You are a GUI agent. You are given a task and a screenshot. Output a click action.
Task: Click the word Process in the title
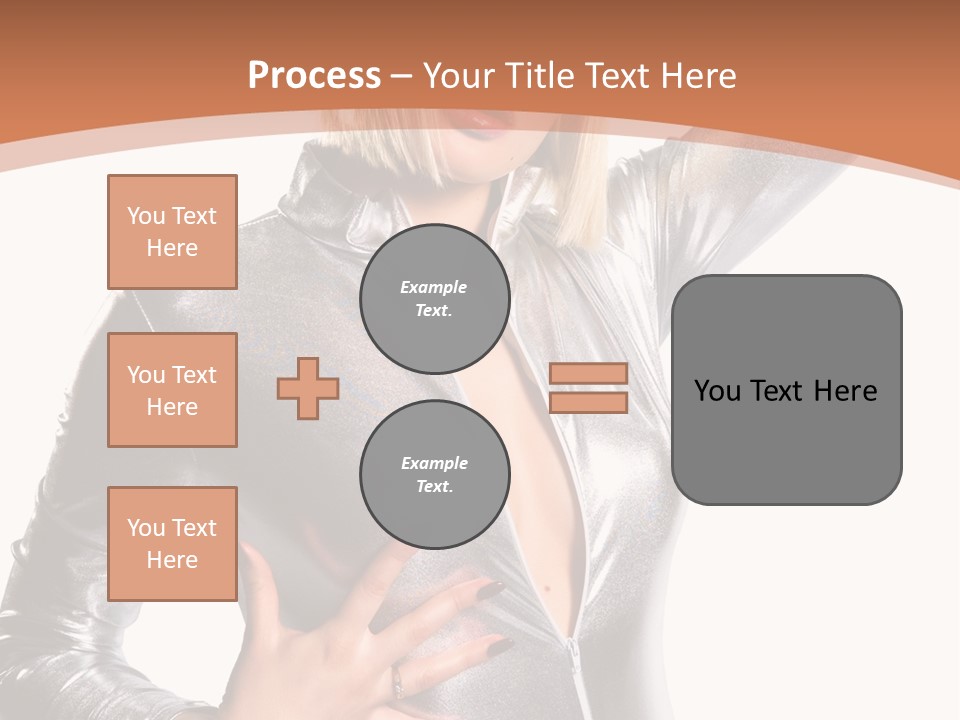point(314,76)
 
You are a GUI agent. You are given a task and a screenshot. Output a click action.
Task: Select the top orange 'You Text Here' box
point(172,232)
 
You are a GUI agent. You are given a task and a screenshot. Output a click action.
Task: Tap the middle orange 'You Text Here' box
point(172,390)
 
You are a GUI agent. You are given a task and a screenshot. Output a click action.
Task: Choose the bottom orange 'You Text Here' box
point(172,544)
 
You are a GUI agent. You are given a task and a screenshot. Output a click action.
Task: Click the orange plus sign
point(308,388)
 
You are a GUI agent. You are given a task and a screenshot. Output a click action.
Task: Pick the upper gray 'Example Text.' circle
point(434,299)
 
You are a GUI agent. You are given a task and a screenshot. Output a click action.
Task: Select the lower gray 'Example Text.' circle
point(434,475)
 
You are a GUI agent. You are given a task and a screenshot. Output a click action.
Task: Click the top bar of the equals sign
point(588,374)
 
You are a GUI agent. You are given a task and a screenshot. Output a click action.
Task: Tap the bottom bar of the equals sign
point(588,403)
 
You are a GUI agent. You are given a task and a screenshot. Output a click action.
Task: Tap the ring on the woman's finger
point(398,682)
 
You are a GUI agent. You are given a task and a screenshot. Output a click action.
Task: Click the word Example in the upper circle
point(434,287)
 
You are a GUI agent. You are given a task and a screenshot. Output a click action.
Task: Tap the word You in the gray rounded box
point(717,391)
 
